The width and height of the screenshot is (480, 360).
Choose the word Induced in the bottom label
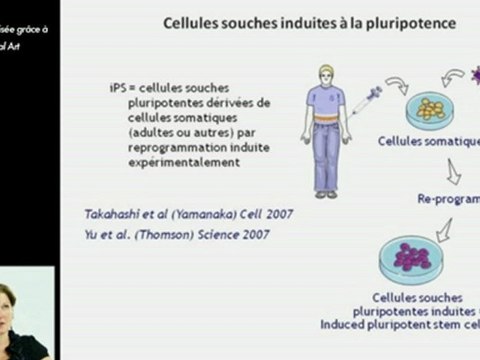[x=346, y=324]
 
